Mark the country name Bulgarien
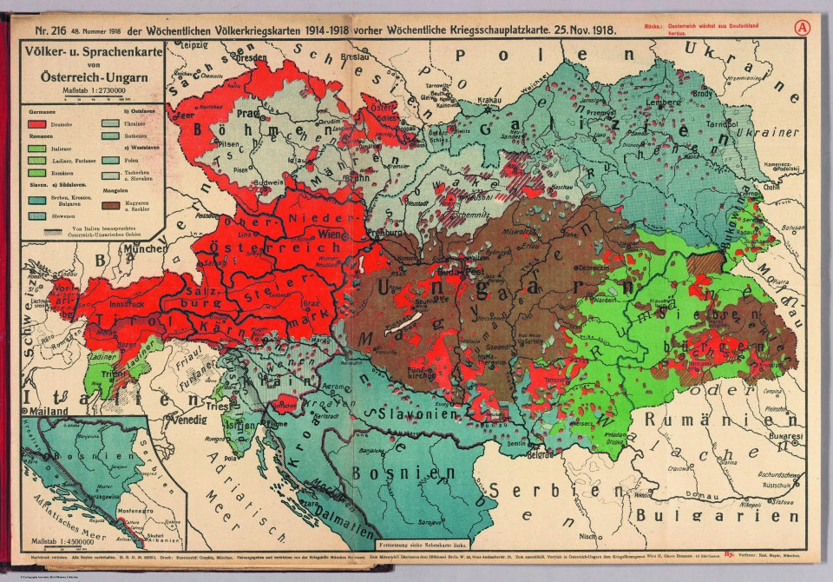pos(732,515)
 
